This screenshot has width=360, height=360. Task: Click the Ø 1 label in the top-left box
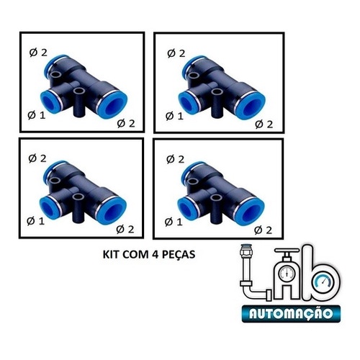click(x=37, y=115)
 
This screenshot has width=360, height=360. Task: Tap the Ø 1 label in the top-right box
click(x=174, y=116)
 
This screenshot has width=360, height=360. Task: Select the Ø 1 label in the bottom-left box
click(x=36, y=221)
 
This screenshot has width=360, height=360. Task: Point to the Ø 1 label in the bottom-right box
click(x=174, y=222)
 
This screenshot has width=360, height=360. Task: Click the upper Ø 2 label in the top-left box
click(x=38, y=53)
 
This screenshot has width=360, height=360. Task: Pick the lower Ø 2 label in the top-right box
click(x=264, y=125)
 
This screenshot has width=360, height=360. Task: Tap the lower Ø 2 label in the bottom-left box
click(x=125, y=230)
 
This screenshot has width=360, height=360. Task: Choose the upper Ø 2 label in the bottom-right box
click(x=175, y=159)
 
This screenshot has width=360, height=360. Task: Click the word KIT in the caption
click(x=112, y=254)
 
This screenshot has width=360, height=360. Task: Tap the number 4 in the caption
click(x=155, y=254)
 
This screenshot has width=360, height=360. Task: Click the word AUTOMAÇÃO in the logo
click(x=291, y=313)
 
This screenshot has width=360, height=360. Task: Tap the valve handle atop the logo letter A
click(x=287, y=251)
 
